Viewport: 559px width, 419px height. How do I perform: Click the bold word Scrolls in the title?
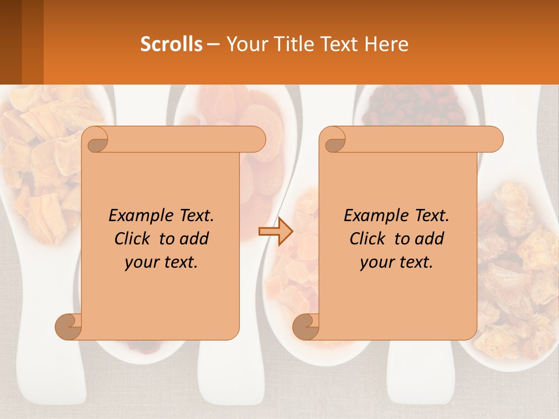pos(171,44)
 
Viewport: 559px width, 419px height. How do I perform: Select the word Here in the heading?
pos(387,44)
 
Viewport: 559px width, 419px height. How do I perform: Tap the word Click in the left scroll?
pos(135,239)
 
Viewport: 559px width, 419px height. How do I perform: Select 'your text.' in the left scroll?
pos(161,262)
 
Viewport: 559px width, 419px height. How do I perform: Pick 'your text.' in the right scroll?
pos(397,262)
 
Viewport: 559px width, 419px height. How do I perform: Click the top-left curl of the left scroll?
pos(95,140)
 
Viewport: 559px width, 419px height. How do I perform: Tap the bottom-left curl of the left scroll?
pos(68,326)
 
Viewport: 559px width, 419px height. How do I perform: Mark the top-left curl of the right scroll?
pos(333,140)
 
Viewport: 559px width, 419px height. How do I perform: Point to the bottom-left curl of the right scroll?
pos(306,326)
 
